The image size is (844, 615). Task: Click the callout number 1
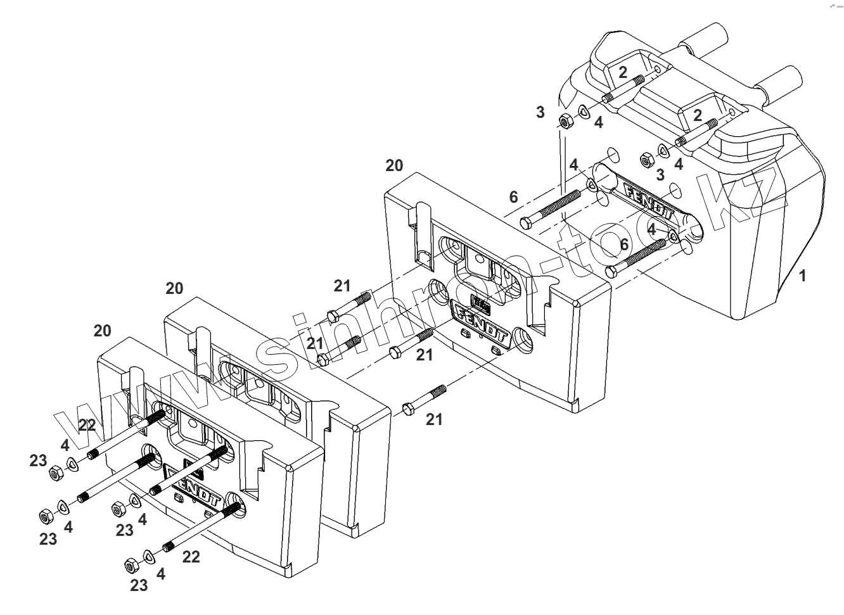coord(803,276)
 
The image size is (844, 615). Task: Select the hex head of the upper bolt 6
coord(527,222)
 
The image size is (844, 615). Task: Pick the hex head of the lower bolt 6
coord(611,272)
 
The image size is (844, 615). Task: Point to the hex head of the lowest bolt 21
coord(408,410)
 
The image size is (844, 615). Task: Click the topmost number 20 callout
coord(394,166)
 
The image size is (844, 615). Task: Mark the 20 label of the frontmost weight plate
coord(102,331)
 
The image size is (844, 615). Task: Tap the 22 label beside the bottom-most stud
coord(191,557)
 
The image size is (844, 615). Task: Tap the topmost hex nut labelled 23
coord(55,472)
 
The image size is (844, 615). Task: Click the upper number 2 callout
coord(623,72)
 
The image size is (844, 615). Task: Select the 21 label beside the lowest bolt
coord(434,419)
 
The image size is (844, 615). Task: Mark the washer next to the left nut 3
coord(584,111)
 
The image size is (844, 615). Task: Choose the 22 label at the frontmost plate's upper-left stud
coord(87,425)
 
